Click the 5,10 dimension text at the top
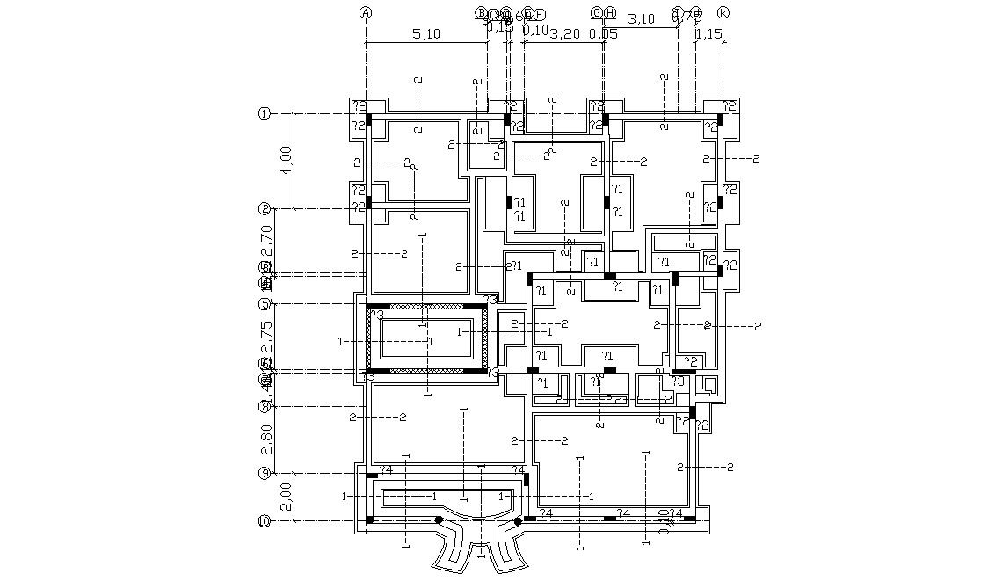click(425, 34)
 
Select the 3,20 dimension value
click(564, 34)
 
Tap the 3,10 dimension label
click(642, 18)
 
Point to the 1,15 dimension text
click(708, 34)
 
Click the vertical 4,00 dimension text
click(285, 161)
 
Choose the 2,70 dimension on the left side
click(268, 239)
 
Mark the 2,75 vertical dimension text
click(268, 335)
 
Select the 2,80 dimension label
click(268, 439)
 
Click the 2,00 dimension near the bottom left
click(285, 497)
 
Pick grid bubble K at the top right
click(723, 13)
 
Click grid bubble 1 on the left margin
click(263, 113)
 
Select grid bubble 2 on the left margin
click(263, 208)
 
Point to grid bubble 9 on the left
click(263, 474)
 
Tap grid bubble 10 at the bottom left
click(263, 520)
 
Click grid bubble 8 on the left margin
click(263, 406)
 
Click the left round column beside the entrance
click(440, 520)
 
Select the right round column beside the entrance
click(518, 520)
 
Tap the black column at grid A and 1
click(369, 119)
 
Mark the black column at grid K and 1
click(720, 119)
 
